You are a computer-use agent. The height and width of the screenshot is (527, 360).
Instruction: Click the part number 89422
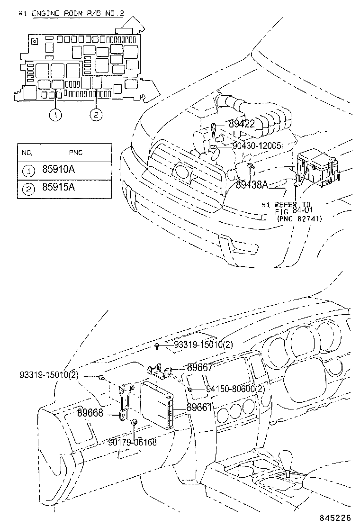pos(248,124)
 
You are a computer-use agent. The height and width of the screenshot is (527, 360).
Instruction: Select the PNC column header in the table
pos(76,153)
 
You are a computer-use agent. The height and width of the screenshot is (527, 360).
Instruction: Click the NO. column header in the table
pos(27,153)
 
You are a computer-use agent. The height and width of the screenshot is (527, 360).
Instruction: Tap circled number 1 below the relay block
pos(56,114)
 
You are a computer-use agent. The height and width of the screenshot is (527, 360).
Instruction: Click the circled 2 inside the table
pos(28,189)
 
